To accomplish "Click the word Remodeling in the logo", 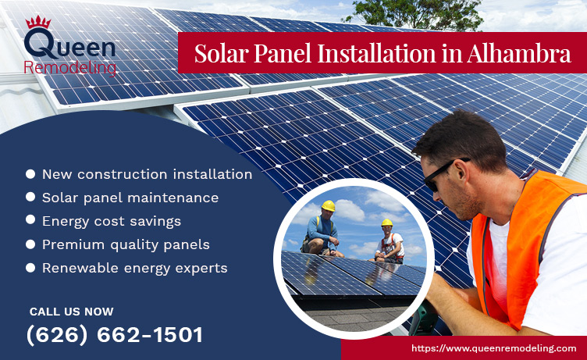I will pyautogui.click(x=70, y=68).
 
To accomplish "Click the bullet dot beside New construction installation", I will pyautogui.click(x=30, y=174).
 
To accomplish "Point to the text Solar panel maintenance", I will pyautogui.click(x=130, y=198).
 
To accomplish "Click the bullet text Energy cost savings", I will pyautogui.click(x=112, y=221).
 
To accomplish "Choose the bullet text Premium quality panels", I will pyautogui.click(x=126, y=244).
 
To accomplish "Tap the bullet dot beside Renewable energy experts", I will pyautogui.click(x=30, y=268).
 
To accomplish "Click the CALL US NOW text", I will pyautogui.click(x=71, y=312).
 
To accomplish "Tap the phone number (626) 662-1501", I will pyautogui.click(x=115, y=335).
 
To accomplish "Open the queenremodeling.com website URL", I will pyautogui.click(x=493, y=348).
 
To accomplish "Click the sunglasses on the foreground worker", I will pyautogui.click(x=443, y=173).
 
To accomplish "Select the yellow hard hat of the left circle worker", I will pyautogui.click(x=329, y=206).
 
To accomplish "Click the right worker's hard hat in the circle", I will pyautogui.click(x=386, y=223).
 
